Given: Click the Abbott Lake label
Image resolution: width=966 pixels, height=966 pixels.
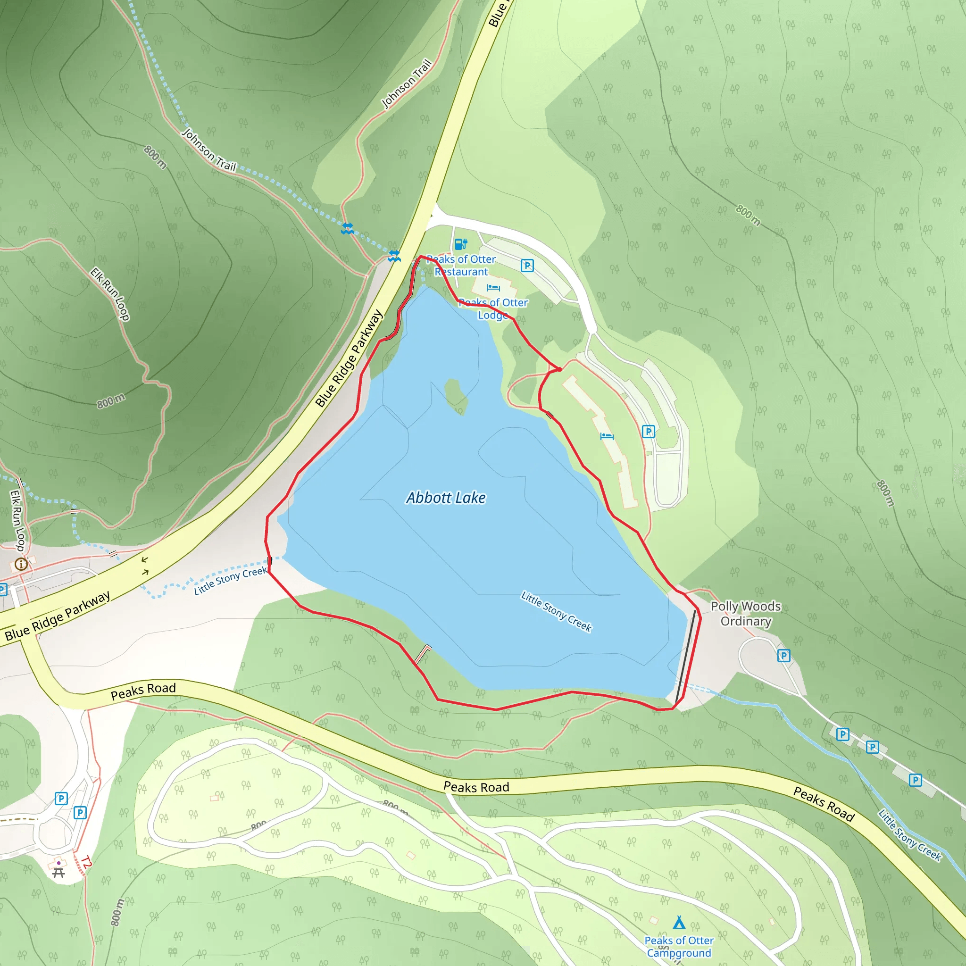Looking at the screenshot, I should coord(445,498).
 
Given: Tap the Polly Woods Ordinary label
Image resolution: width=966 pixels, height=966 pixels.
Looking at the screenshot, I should coord(746,614).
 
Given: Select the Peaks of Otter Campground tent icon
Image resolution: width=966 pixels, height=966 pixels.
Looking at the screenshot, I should coord(678,922).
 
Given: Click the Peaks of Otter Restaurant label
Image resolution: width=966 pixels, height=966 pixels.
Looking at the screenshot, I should coord(461,266).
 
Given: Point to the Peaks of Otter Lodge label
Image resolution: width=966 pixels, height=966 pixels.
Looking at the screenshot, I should coord(493,308).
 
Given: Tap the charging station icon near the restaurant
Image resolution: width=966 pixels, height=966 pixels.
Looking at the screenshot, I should coord(460,244).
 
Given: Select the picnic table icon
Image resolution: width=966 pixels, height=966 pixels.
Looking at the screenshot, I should coord(58,873).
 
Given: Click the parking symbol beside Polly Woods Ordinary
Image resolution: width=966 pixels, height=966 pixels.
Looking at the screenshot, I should coord(783,656).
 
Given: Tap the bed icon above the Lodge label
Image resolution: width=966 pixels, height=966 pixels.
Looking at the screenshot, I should coord(493,288).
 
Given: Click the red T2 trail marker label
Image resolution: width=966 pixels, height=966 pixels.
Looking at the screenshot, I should coord(86,862).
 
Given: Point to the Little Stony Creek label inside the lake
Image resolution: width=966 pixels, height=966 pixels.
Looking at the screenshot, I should coord(556,611).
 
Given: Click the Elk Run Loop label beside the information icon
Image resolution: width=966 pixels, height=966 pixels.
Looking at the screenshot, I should coord(17,520).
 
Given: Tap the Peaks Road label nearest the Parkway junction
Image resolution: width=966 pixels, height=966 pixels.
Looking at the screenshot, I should coord(143,691).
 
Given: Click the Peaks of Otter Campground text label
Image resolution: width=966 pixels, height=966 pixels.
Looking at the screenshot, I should coord(678,947).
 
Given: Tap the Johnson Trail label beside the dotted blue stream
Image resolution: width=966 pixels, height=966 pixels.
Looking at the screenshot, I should coord(208,150).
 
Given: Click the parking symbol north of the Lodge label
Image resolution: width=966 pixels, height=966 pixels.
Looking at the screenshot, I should coord(527,265).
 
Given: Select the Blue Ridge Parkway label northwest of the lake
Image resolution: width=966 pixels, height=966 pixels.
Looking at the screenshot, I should coord(349,358).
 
